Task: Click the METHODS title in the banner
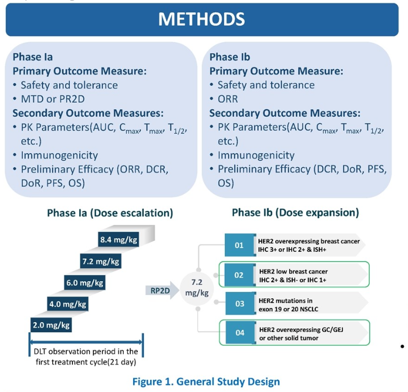click(x=201, y=19)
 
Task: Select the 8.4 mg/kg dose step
click(x=118, y=240)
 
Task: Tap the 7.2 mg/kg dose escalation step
click(x=101, y=262)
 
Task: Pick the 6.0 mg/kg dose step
click(x=84, y=283)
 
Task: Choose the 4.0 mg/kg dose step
click(x=68, y=305)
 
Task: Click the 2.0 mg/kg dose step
click(x=51, y=325)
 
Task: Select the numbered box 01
click(x=239, y=245)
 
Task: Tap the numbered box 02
click(x=239, y=275)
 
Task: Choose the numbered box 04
click(x=239, y=333)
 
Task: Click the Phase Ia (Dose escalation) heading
click(x=110, y=213)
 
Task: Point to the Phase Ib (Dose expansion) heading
click(x=295, y=213)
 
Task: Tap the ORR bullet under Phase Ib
click(x=227, y=99)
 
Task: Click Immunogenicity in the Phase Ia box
click(x=59, y=156)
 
